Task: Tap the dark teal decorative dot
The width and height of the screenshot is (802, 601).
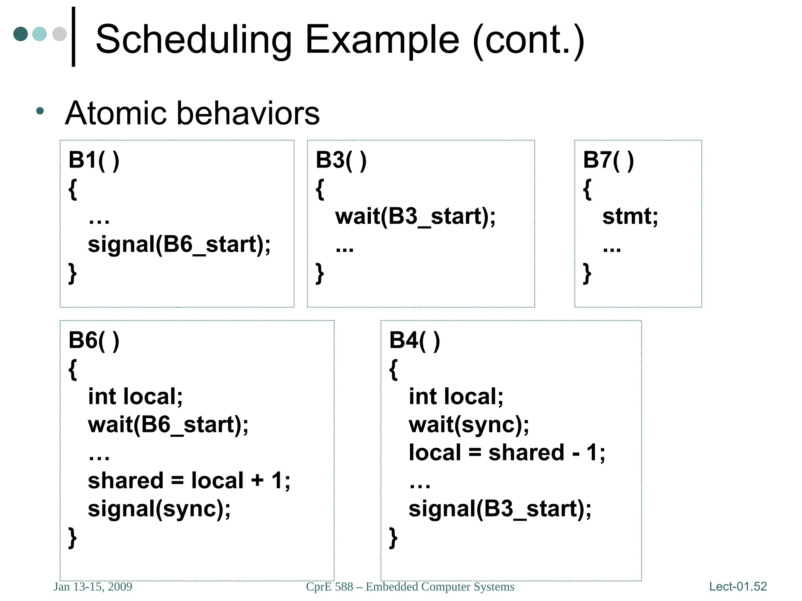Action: (x=20, y=34)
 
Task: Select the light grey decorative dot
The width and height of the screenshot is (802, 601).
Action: (x=60, y=34)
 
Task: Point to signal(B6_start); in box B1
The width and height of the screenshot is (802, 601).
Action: (x=179, y=245)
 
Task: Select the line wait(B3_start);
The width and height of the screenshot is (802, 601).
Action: (x=415, y=216)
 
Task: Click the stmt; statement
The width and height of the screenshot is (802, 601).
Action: (x=630, y=216)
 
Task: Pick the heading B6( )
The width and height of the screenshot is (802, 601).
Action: (x=94, y=340)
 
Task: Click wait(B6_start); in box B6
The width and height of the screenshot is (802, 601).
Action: (x=168, y=425)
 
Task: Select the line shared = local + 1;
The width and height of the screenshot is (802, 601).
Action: (x=189, y=480)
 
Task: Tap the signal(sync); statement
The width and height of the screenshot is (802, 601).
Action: (x=159, y=509)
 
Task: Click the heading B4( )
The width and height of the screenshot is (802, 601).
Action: (x=414, y=340)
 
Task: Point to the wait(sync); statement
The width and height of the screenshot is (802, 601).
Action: (x=469, y=425)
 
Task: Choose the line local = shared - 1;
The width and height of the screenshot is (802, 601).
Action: (x=507, y=453)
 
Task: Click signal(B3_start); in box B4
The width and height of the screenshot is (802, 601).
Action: (x=500, y=509)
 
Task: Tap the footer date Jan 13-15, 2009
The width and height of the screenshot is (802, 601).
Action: (x=93, y=587)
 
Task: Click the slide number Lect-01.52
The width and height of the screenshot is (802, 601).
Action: (x=738, y=587)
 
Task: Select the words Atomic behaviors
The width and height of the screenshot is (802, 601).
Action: (x=192, y=113)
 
